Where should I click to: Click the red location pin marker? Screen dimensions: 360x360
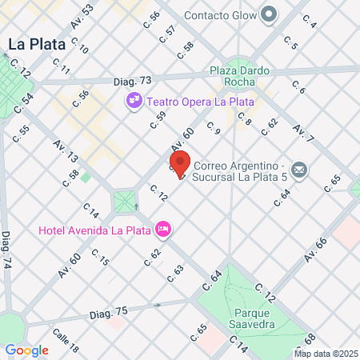coord(181,162)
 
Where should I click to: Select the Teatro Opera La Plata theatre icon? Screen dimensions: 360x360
coord(134,101)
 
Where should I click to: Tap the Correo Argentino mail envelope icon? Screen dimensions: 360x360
coord(299,170)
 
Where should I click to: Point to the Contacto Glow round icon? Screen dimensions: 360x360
coord(270,14)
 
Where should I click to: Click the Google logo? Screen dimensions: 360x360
coord(26,350)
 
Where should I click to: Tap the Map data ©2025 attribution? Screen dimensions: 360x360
coord(326,354)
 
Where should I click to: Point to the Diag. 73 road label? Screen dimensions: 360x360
coord(133,81)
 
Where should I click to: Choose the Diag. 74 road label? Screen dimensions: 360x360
coord(7,251)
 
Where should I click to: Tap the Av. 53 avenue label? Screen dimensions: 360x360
coord(82,17)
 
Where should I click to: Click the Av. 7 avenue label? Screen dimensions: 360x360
coord(303,131)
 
